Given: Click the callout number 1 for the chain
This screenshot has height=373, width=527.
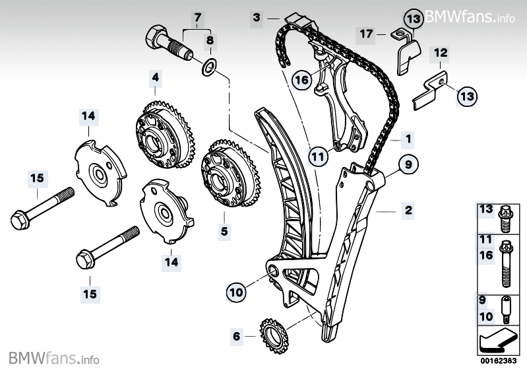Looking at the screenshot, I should [x=408, y=139].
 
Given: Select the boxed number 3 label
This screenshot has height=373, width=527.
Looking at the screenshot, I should [x=256, y=18].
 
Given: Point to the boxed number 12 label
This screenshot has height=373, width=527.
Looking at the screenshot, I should [x=441, y=51].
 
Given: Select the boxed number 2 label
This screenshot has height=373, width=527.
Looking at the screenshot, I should [x=408, y=211].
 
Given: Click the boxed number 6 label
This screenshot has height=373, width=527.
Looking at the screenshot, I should [x=236, y=336].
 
